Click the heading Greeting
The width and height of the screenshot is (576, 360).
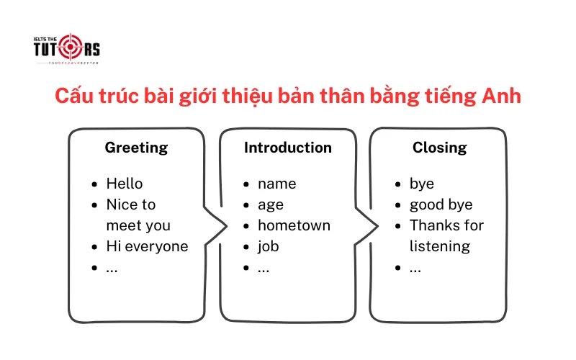click(x=136, y=148)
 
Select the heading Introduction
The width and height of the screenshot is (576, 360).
click(x=288, y=148)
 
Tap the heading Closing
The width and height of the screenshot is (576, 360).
click(x=439, y=148)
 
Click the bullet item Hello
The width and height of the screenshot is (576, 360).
click(x=125, y=184)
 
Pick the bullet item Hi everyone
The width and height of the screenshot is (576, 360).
click(x=147, y=246)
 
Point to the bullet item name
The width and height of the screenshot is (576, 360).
click(x=276, y=184)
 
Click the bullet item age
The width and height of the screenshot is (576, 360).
click(x=271, y=204)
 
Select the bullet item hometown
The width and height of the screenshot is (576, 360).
click(x=294, y=225)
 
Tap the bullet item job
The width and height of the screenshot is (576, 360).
click(x=268, y=246)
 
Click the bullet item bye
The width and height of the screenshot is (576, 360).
click(x=422, y=184)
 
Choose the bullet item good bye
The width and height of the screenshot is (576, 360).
click(x=441, y=204)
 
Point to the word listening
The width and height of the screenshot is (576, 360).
click(x=440, y=246)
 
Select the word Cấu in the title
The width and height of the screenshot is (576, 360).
click(x=77, y=96)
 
